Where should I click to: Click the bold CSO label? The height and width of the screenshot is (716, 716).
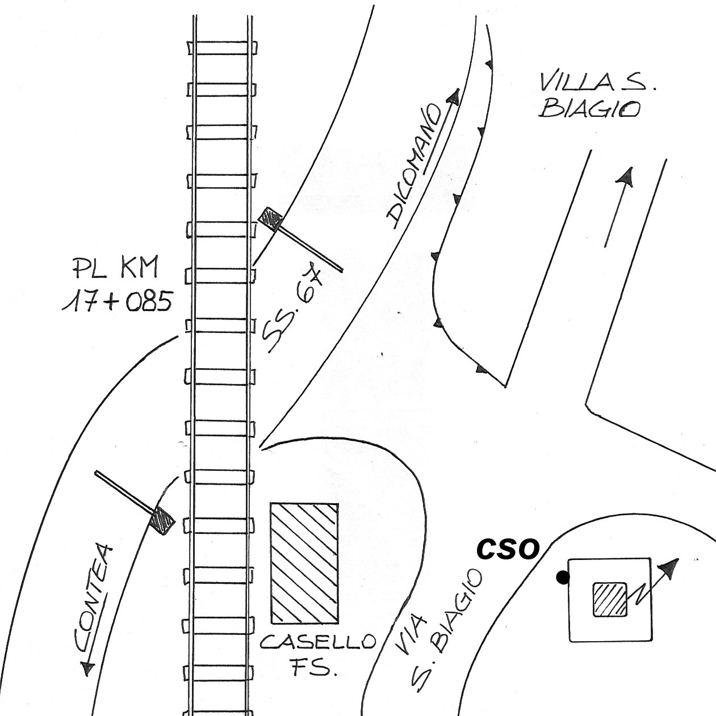[x=508, y=549]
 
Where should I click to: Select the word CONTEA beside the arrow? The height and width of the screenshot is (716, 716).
[x=93, y=598]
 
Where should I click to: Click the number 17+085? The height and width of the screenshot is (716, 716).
[x=117, y=301]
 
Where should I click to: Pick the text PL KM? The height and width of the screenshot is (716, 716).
[x=115, y=267]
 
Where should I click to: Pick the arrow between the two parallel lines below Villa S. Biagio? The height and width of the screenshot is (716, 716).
[x=619, y=207]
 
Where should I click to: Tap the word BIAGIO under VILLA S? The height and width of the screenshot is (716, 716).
[x=591, y=109]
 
